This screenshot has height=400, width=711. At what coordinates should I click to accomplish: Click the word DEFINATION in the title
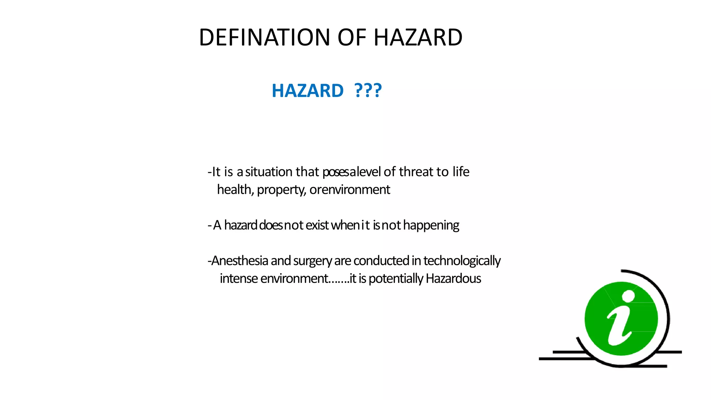[264, 37]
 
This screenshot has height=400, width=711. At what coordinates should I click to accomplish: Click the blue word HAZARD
[307, 91]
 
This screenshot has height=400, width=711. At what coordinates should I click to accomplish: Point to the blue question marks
[368, 91]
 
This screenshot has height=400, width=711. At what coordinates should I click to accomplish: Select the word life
[461, 172]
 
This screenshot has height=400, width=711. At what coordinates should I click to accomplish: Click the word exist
[317, 225]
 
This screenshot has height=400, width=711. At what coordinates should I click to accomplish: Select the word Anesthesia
[240, 261]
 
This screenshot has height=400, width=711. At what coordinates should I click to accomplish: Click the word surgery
[312, 261]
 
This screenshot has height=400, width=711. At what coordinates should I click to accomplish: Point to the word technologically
[462, 261]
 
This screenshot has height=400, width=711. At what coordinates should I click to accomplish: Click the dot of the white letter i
[628, 296]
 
